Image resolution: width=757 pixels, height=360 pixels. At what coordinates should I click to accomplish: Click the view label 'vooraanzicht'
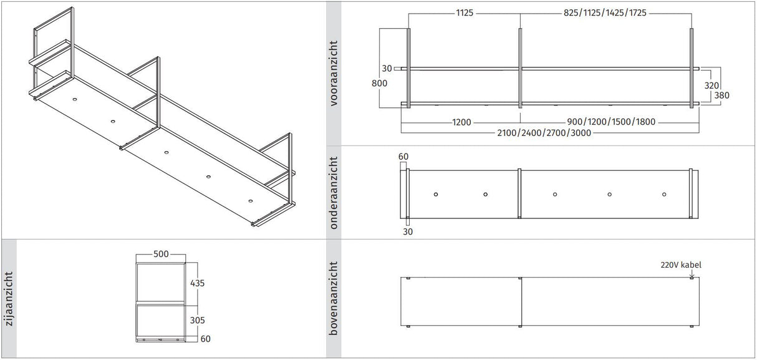[334, 74]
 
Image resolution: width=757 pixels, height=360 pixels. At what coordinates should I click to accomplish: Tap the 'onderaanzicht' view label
[334, 192]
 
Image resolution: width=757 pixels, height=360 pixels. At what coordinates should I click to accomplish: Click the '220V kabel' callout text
[681, 265]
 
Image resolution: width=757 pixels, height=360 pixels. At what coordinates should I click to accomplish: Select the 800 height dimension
[378, 83]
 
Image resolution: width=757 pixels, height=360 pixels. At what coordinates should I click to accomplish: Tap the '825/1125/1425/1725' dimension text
[604, 12]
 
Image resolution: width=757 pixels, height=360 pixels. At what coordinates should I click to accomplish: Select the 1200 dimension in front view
[461, 122]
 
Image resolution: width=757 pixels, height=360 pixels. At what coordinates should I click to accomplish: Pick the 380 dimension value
[721, 95]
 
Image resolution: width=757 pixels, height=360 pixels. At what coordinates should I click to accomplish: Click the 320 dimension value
[712, 85]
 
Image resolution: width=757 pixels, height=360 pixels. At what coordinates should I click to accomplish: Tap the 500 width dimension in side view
[161, 255]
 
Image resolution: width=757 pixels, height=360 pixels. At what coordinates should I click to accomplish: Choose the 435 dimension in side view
[197, 283]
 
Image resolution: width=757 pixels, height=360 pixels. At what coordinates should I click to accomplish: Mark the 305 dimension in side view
[197, 320]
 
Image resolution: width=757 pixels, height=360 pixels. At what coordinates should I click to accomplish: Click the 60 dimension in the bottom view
[403, 156]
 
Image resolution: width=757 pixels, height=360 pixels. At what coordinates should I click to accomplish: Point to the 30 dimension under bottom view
[408, 231]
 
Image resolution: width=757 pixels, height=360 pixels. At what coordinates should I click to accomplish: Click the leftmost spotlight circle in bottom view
[436, 194]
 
